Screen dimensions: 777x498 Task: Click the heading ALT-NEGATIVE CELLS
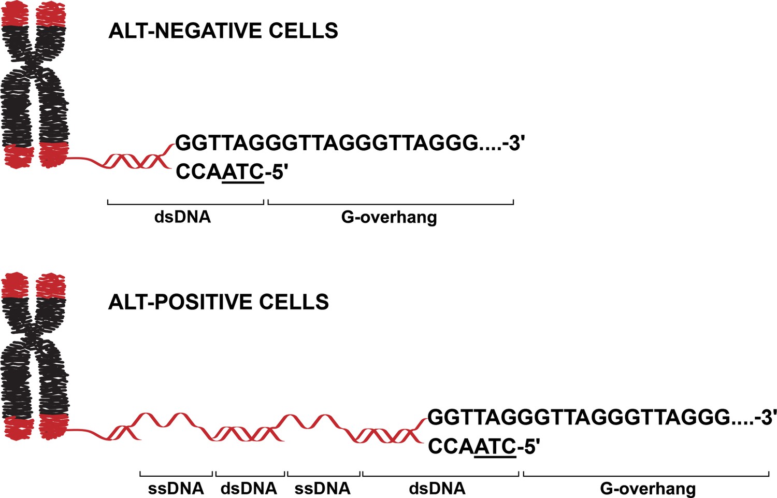(223, 31)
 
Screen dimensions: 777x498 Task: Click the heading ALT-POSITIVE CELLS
(219, 302)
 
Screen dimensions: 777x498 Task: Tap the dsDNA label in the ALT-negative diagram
(183, 217)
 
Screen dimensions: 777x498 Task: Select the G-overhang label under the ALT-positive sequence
(648, 489)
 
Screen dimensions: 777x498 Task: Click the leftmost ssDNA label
(176, 489)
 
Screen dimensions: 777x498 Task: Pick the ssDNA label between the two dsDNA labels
(323, 489)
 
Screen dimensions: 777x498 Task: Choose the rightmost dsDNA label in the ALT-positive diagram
(437, 489)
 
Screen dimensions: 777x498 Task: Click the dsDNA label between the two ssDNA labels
(249, 489)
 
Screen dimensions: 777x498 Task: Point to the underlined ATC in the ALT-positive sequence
(495, 447)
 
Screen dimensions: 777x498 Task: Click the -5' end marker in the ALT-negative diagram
(276, 172)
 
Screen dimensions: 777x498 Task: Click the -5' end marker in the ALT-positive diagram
(528, 446)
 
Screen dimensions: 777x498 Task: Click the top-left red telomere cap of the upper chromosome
(15, 14)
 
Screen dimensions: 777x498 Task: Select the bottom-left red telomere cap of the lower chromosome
(19, 428)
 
